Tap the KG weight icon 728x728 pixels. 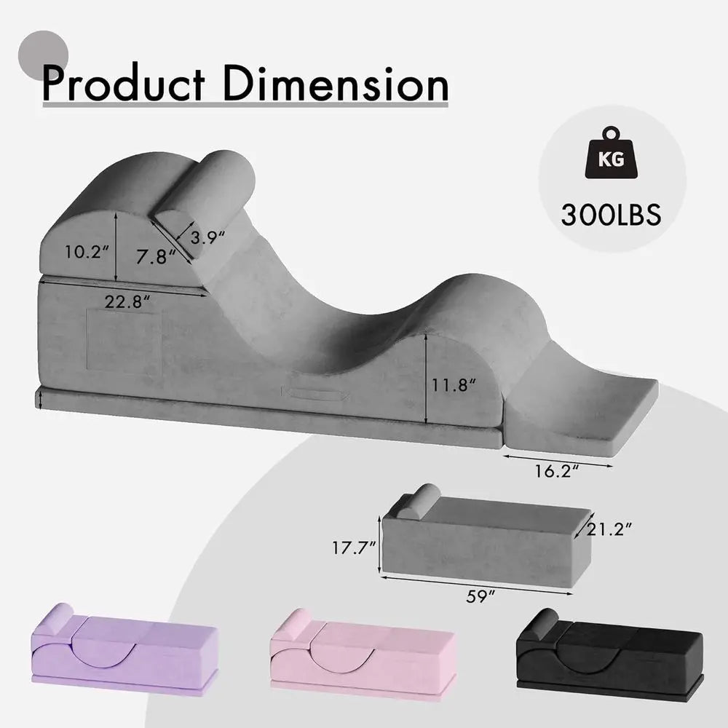coord(612,153)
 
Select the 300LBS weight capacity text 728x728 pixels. coord(611,215)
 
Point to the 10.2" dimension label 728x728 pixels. coord(87,252)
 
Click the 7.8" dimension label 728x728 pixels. coord(157,257)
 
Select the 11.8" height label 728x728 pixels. coord(454,385)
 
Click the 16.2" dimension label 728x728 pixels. coord(557,471)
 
